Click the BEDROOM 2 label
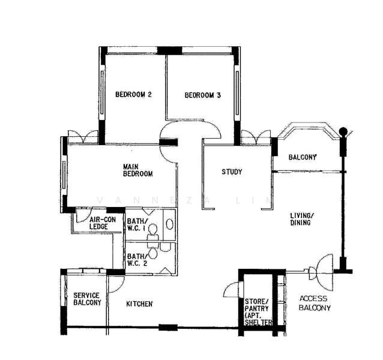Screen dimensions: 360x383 133,95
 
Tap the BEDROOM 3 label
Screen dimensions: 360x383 202,95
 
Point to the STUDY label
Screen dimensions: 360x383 232,172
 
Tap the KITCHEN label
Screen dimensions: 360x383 139,304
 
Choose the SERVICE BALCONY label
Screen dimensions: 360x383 87,299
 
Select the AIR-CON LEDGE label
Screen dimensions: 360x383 102,223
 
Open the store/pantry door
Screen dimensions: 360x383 231,292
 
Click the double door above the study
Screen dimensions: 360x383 256,137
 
